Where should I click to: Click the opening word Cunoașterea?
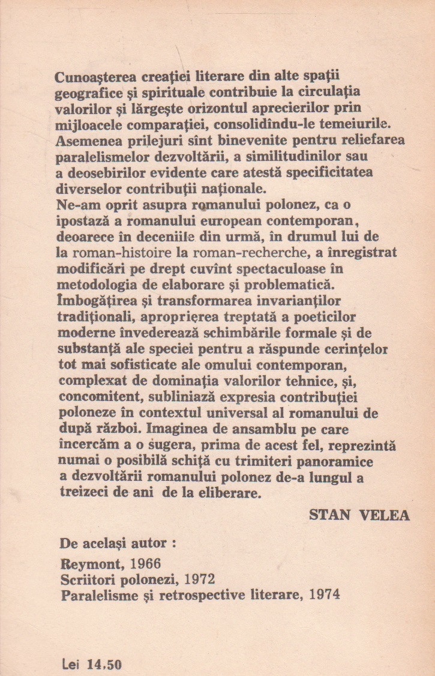[106, 77]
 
